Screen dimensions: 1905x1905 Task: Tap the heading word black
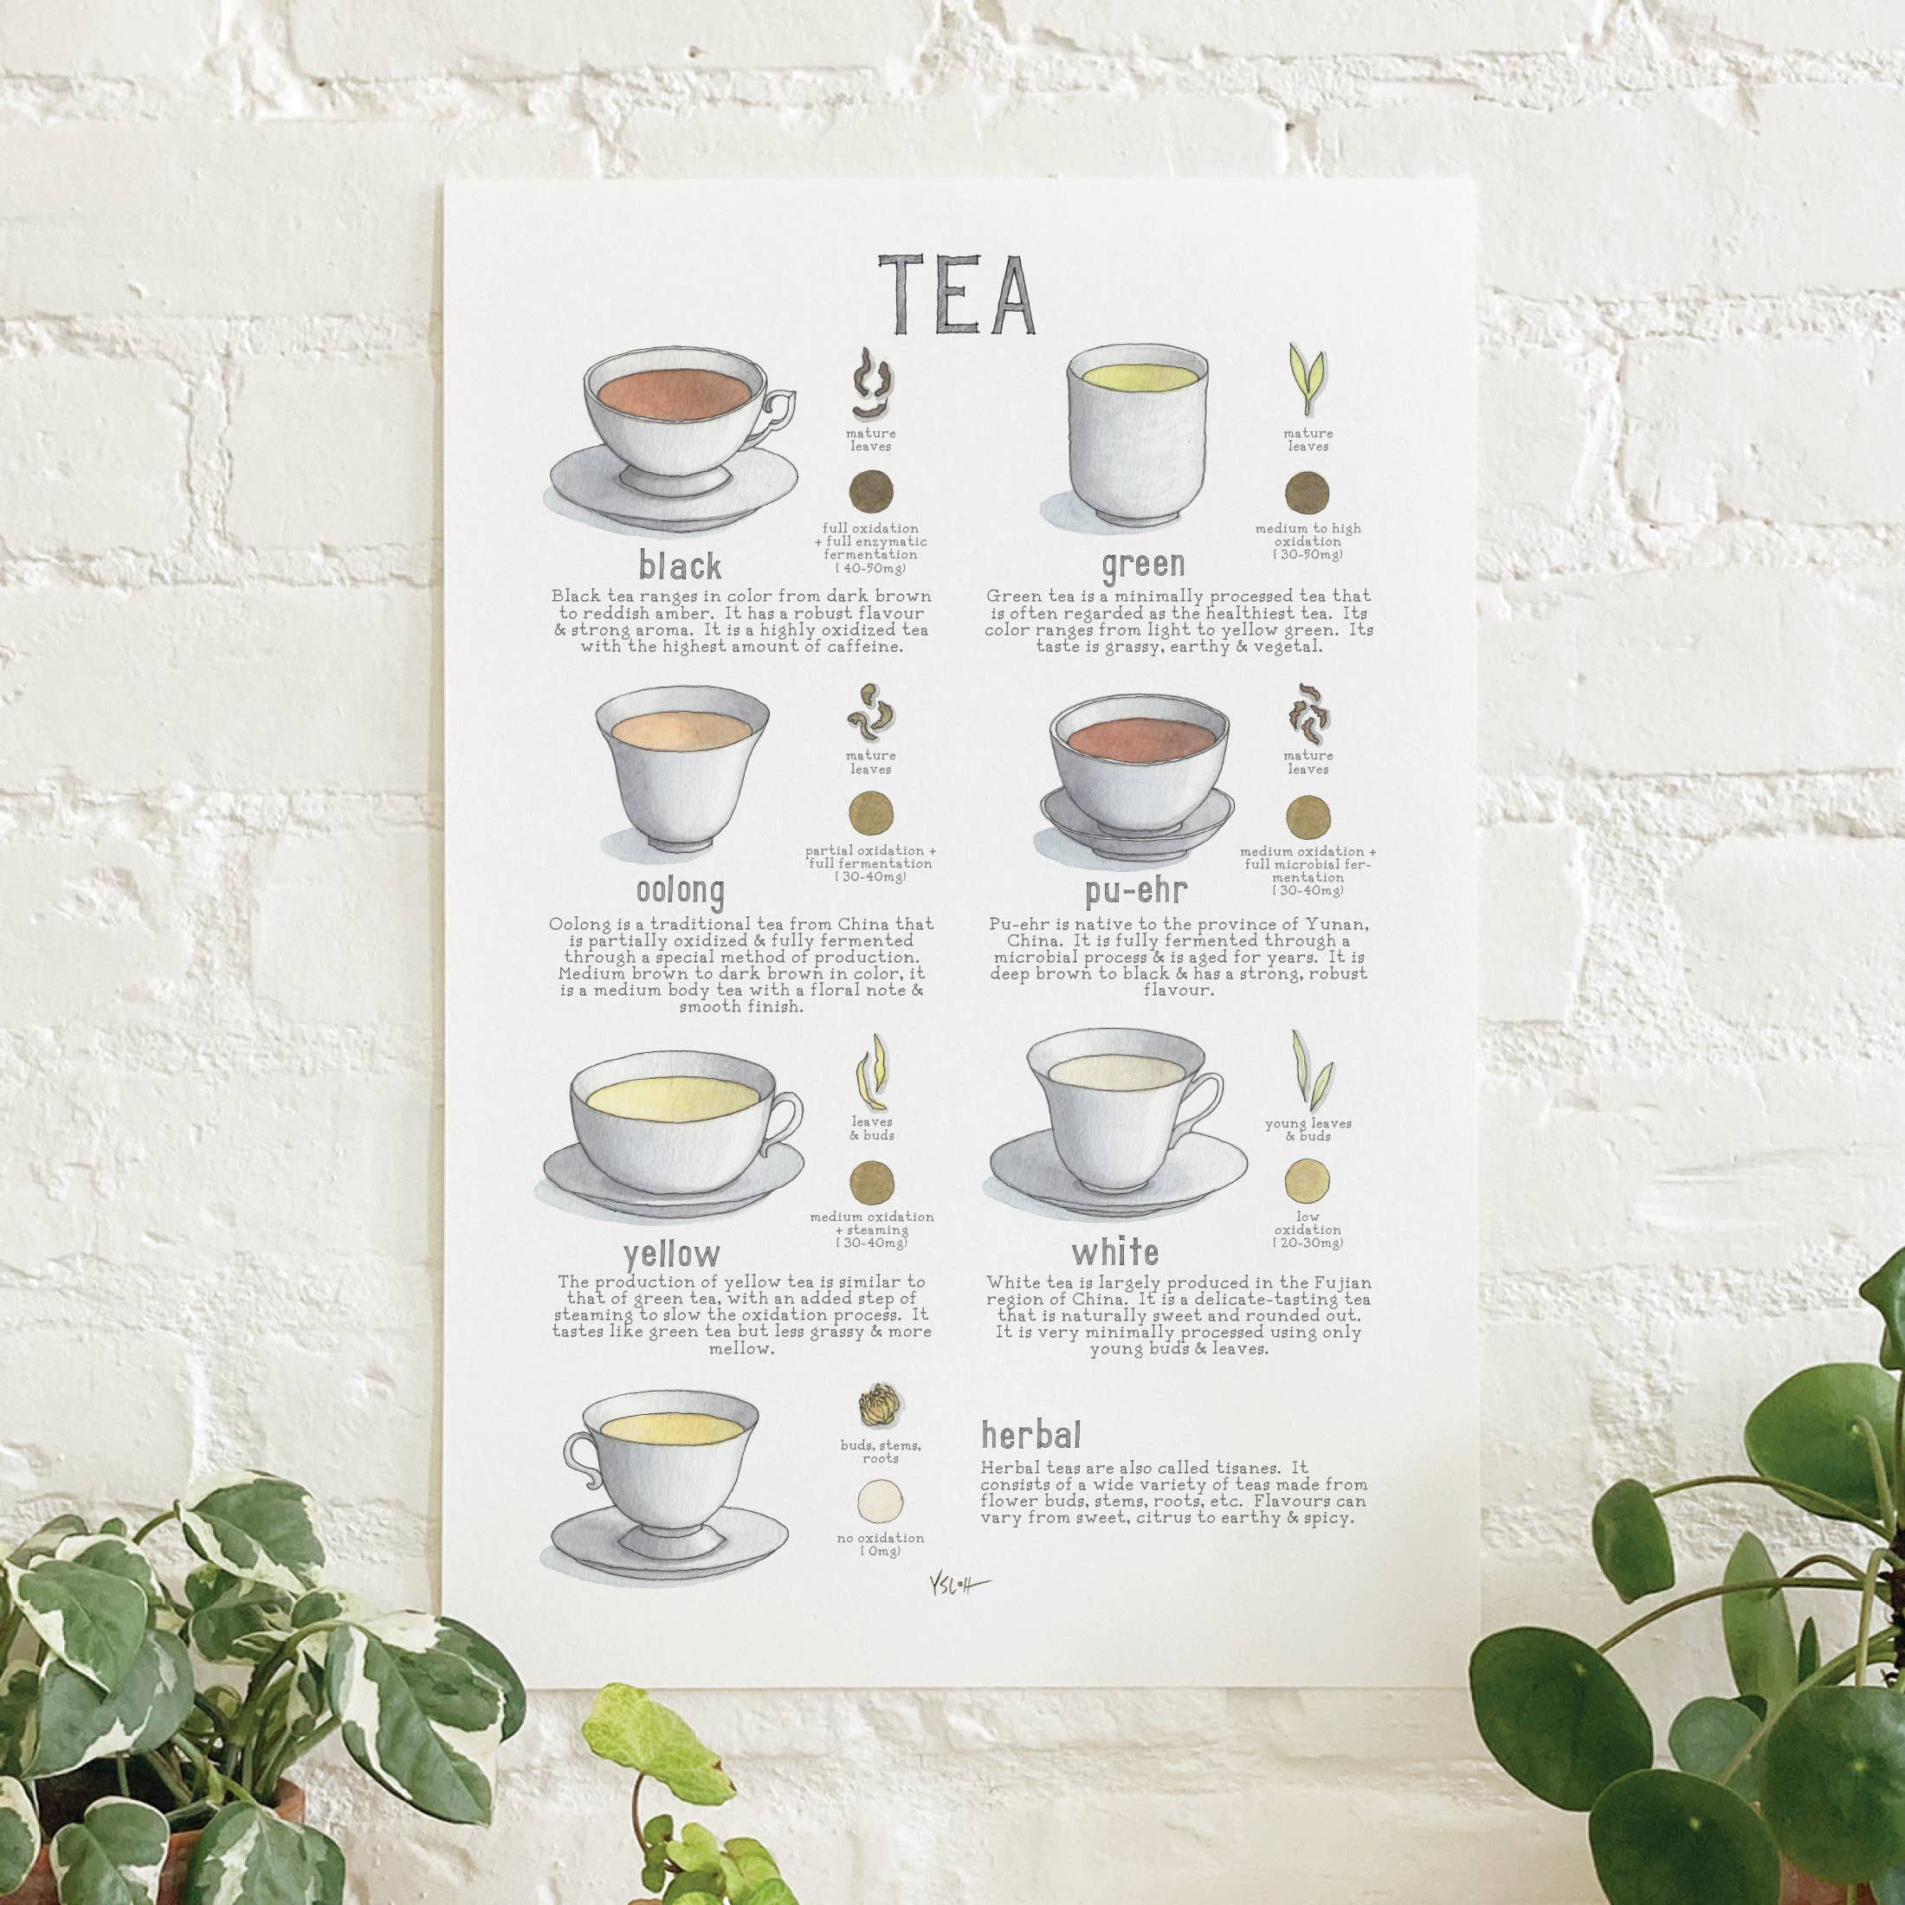[x=680, y=565]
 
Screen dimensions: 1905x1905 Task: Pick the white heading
[x=1115, y=1252]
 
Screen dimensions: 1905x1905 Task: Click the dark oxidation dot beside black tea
[x=872, y=490]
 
